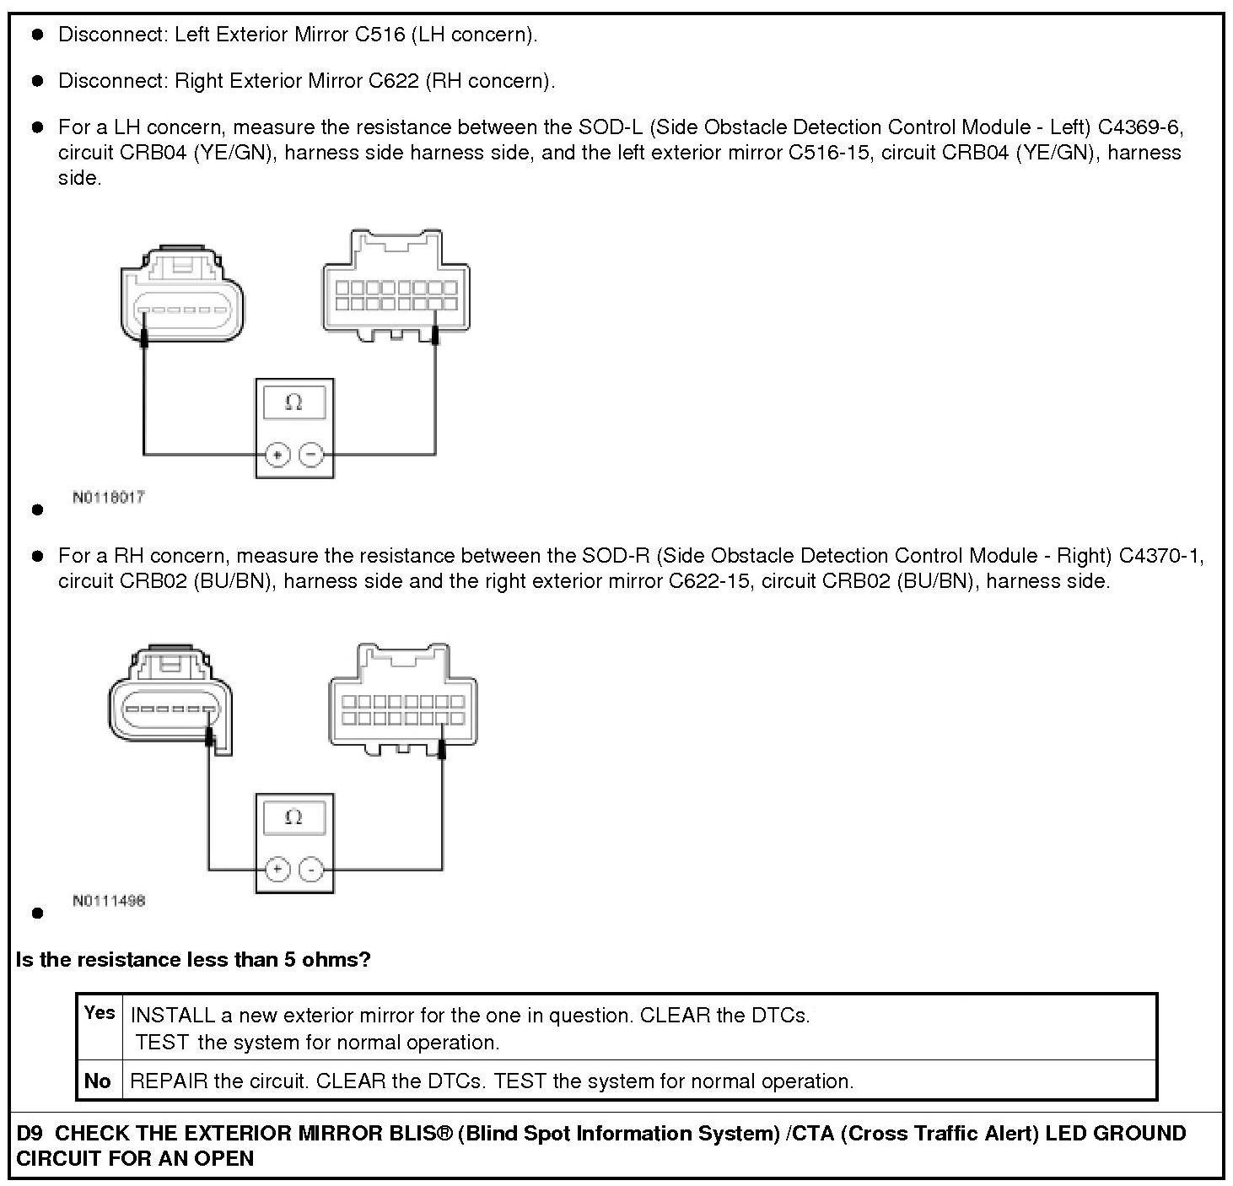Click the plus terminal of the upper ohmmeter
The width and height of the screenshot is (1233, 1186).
277,455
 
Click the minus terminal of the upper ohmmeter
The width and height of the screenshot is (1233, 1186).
311,455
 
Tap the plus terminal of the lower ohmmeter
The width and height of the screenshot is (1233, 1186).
277,870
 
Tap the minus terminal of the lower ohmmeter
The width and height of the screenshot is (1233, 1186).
311,870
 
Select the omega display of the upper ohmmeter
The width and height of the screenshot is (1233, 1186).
293,402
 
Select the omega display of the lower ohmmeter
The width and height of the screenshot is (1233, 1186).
293,817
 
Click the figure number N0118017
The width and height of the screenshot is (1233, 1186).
109,497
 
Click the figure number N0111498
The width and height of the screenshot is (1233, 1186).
109,901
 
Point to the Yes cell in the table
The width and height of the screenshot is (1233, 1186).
100,1013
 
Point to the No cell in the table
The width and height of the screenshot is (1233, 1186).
98,1081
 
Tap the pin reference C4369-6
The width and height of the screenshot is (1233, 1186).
1139,127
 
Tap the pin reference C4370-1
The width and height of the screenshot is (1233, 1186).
1160,556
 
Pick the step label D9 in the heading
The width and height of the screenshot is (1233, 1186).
30,1133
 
